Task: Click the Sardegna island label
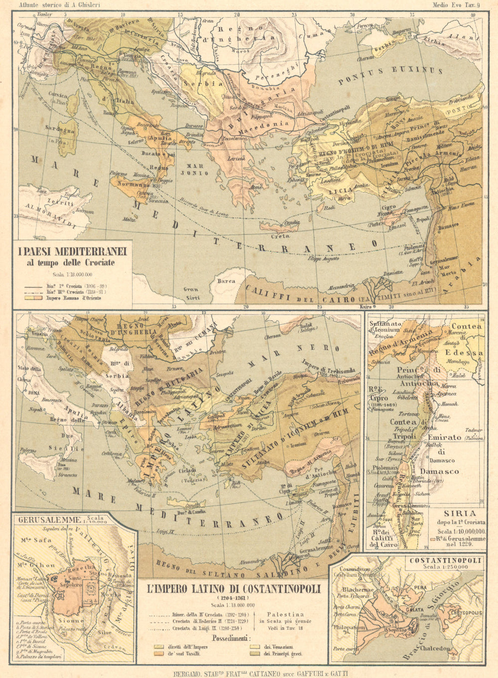tap(60, 130)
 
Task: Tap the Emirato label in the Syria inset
tap(444, 437)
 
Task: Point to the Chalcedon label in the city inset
tap(436, 649)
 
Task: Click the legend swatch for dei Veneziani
tap(253, 646)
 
